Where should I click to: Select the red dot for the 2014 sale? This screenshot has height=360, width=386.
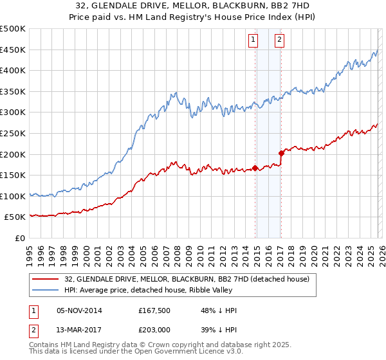(255, 168)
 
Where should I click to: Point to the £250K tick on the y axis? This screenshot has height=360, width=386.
(13, 133)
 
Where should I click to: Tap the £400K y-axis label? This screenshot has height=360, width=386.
(13, 71)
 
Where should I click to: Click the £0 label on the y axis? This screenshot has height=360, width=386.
(19, 238)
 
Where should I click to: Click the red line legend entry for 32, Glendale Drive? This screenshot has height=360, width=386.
(187, 279)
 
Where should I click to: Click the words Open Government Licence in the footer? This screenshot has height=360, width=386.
(169, 353)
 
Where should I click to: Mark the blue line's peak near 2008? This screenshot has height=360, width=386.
(174, 93)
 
